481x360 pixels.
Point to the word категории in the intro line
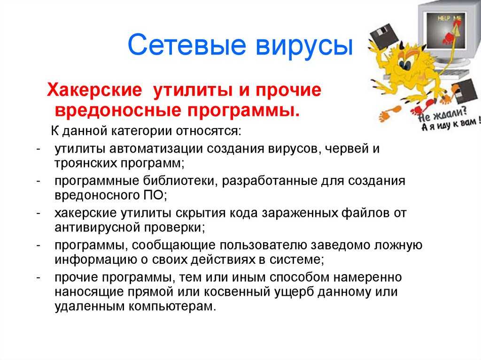coord(141,131)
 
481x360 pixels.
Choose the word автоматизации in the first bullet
coord(156,149)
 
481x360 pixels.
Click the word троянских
coord(85,163)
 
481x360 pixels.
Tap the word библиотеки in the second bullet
coord(180,181)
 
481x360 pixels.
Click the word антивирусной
coord(98,228)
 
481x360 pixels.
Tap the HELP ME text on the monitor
coord(450,18)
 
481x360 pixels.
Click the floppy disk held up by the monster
coord(384,37)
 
